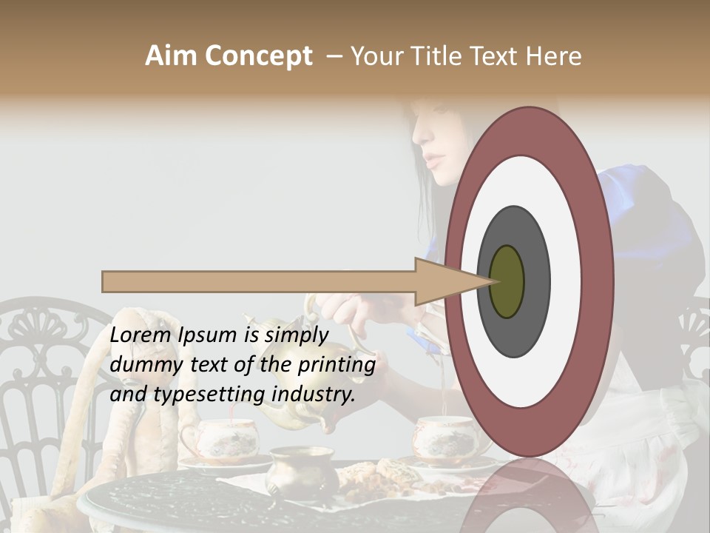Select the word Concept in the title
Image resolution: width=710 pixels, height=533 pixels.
pyautogui.click(x=257, y=56)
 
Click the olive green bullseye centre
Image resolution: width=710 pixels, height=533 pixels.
pyautogui.click(x=507, y=282)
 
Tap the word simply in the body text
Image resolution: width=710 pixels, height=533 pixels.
pyautogui.click(x=296, y=335)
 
